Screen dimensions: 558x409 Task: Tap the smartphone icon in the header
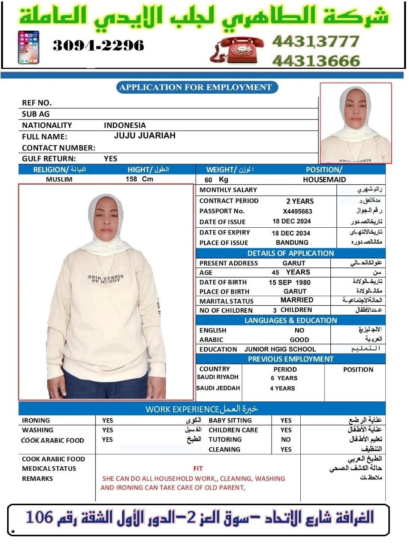point(28,48)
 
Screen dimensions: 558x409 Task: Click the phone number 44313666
point(316,61)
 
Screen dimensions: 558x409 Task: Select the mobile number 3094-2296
point(98,46)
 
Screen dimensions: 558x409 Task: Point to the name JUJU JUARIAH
point(145,136)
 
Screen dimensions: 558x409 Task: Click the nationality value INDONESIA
point(125,125)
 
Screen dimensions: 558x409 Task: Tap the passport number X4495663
point(297,212)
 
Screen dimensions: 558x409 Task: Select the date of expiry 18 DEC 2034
point(291,233)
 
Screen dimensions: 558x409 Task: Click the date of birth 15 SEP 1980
point(289,282)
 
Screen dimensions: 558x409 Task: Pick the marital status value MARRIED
point(297,300)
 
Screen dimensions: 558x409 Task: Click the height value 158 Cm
point(139,179)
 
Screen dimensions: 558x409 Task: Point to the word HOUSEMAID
point(324,180)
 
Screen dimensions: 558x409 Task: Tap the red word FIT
point(198,468)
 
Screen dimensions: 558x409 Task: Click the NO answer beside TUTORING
point(286,440)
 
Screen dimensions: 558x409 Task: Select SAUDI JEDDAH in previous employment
point(218,388)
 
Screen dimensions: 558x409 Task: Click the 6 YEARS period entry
point(284,378)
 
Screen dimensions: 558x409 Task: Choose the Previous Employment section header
point(291,359)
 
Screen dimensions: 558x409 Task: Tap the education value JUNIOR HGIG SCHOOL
point(280,349)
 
